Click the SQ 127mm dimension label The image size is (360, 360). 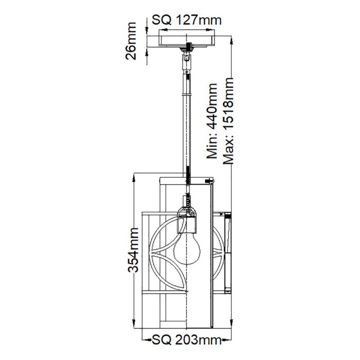pyautogui.click(x=187, y=20)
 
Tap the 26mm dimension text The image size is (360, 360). pyautogui.click(x=131, y=41)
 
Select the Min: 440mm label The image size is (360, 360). pyautogui.click(x=212, y=121)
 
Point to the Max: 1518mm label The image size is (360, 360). pyautogui.click(x=228, y=121)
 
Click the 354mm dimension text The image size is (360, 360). pyautogui.click(x=133, y=250)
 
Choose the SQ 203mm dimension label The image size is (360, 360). pyautogui.click(x=187, y=339)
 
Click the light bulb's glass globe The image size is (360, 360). pyautogui.click(x=187, y=248)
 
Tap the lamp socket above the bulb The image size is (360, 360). pyautogui.click(x=187, y=219)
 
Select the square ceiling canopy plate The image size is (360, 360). pyautogui.click(x=187, y=41)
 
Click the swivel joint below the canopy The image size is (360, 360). pyautogui.click(x=186, y=60)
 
